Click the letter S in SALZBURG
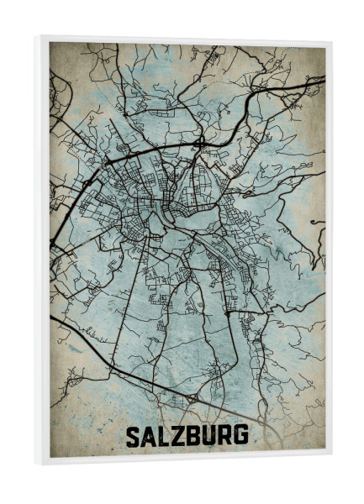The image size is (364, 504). point(134,436)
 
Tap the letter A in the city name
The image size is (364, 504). point(150,436)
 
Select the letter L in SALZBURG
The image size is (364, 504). point(165,436)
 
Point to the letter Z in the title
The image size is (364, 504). point(179,436)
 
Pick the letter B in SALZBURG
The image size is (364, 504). point(194,436)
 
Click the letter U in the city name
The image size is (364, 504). point(209,436)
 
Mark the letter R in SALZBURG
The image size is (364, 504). point(225,436)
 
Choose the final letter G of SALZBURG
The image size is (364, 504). point(241,436)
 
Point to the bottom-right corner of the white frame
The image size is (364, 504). point(330,463)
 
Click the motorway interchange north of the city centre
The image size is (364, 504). point(201,144)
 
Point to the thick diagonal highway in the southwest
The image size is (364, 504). point(109,353)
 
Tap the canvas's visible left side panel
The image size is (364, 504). point(41,252)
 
